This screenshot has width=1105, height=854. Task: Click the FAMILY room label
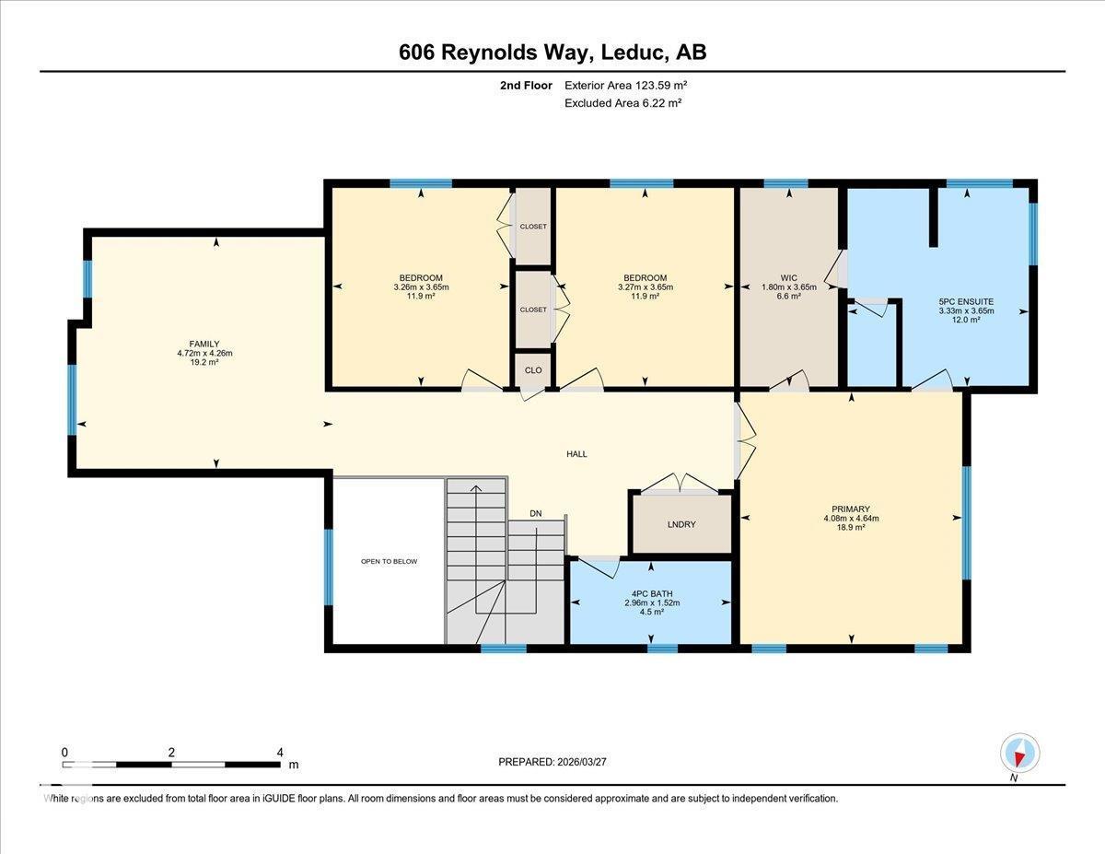[x=204, y=344]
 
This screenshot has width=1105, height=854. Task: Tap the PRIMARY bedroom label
[x=851, y=508]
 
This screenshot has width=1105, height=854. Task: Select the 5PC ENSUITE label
[x=966, y=301]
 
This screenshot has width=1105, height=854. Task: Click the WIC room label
[x=789, y=277]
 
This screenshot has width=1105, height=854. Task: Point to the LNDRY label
[x=681, y=524]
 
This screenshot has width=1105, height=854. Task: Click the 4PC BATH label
[x=650, y=592]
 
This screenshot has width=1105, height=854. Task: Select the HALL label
[x=576, y=453]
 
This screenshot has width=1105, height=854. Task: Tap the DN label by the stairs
[x=536, y=513]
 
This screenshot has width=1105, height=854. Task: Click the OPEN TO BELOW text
[x=389, y=561]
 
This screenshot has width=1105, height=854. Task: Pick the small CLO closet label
[x=533, y=369]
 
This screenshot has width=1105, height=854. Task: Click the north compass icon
[x=1019, y=753]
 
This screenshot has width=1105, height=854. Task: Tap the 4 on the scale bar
[x=280, y=752]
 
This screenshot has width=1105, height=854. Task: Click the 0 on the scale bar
[x=64, y=752]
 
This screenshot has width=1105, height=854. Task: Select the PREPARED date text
[x=552, y=762]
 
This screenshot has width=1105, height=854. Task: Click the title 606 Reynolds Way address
[x=552, y=53]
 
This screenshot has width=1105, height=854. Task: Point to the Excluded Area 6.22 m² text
[x=622, y=103]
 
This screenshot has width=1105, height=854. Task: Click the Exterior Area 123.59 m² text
[x=626, y=85]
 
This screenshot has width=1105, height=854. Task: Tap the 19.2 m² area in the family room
[x=204, y=363]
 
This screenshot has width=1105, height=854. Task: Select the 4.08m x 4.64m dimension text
[x=851, y=518]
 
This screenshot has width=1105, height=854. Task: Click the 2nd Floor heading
[x=526, y=85]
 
